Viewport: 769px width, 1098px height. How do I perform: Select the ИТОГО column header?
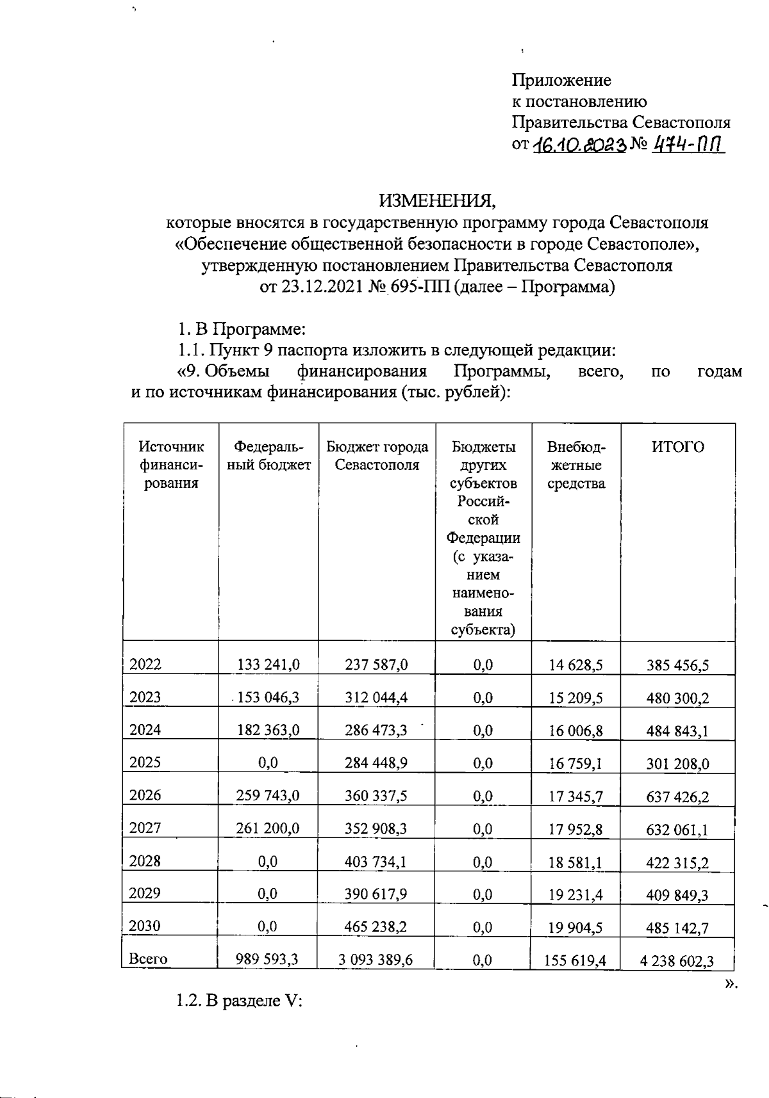coord(677,447)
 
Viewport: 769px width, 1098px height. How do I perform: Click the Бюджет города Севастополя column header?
coord(377,455)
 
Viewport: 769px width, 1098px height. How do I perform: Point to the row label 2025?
coord(145,762)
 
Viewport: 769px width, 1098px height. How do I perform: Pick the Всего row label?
coord(148,959)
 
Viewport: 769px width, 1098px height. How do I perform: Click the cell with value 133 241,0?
coord(268,665)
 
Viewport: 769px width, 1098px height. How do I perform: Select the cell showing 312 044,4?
coord(376,697)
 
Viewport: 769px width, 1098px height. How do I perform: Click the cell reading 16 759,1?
coord(575,763)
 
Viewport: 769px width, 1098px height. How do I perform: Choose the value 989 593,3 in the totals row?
coord(268,959)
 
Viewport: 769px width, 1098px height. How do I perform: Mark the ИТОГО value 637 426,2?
coord(677,796)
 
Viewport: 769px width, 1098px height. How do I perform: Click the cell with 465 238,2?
coord(376,926)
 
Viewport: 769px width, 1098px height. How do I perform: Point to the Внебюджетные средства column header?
coord(575,465)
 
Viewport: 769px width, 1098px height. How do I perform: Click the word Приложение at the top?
coord(561,81)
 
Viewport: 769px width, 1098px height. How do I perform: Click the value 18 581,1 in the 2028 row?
coord(575,862)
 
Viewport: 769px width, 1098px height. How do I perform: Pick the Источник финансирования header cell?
coord(171,465)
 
